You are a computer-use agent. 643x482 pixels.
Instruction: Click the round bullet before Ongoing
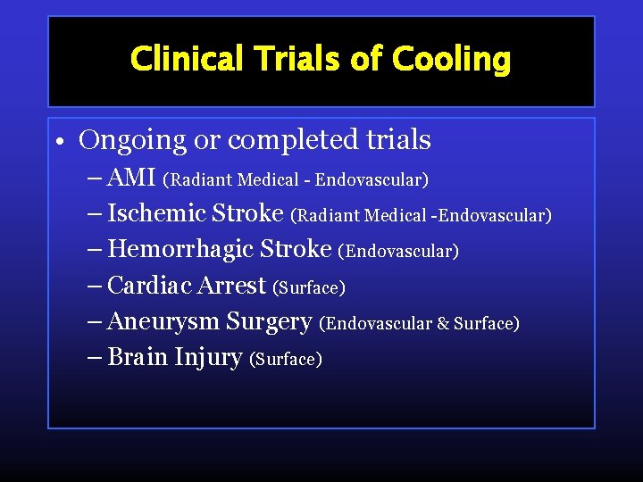[57, 143]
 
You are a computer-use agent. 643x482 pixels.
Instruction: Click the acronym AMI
[131, 179]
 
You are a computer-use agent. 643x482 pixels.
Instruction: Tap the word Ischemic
[156, 214]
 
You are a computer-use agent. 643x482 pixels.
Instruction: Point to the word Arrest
[231, 286]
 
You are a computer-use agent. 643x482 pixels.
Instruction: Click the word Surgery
[269, 321]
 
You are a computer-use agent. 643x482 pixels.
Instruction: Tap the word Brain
[137, 357]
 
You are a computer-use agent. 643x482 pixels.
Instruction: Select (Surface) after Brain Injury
[286, 359]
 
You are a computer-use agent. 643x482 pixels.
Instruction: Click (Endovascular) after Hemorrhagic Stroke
[398, 252]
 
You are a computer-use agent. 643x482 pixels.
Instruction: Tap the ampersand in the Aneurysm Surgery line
[442, 323]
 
